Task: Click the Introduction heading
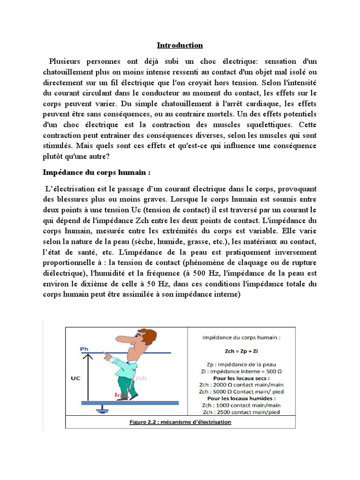[x=180, y=45]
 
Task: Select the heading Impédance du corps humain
[x=97, y=172]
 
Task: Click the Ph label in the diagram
[x=84, y=349]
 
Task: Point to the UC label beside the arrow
[x=76, y=376]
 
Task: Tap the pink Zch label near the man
[x=140, y=377]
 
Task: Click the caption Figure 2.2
[x=180, y=422]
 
